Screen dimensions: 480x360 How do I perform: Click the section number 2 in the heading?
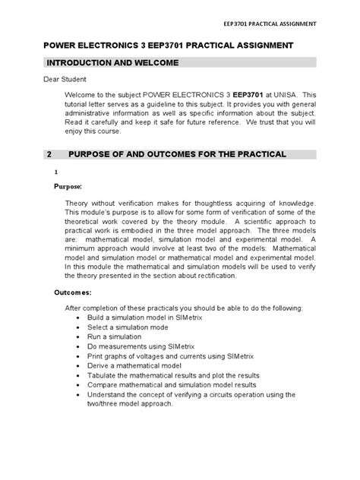tap(49, 154)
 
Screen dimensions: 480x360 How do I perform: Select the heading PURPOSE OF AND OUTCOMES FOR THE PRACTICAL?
tap(177, 154)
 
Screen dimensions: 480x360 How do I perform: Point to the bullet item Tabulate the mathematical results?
tap(175, 375)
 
